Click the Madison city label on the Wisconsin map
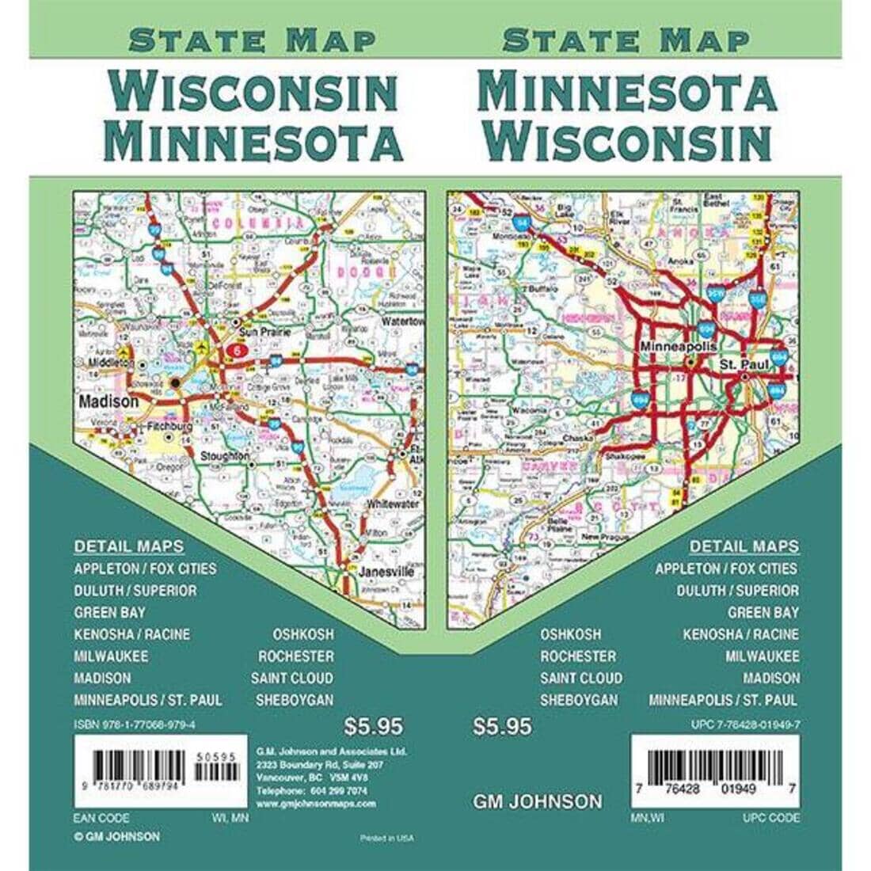tap(108, 401)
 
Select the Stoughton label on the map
tap(225, 456)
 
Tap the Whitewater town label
tap(393, 504)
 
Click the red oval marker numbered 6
tap(236, 349)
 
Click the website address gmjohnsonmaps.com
tap(316, 803)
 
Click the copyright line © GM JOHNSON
tap(116, 836)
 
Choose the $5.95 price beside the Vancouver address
tap(374, 726)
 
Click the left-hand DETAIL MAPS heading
tap(129, 546)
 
